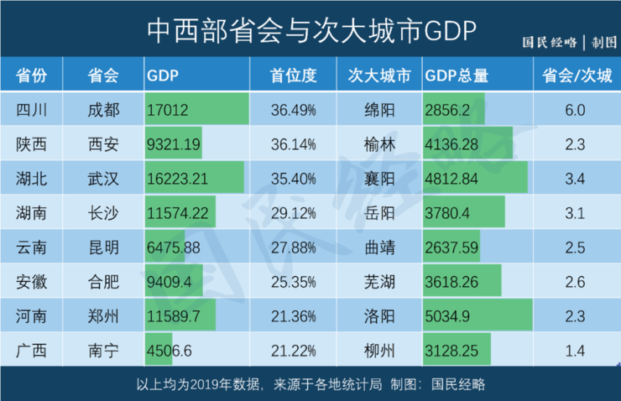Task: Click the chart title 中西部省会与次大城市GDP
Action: [x=310, y=30]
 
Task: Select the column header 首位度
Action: [x=294, y=76]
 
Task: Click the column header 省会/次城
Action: [x=577, y=76]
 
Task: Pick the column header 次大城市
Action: [x=379, y=76]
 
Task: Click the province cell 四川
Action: [x=31, y=110]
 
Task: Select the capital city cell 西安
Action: [x=103, y=144]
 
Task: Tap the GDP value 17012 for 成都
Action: [x=167, y=110]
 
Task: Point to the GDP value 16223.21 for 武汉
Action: [x=178, y=179]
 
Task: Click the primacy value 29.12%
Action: [x=294, y=213]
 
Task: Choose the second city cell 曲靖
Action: [x=379, y=248]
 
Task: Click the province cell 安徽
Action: [x=31, y=283]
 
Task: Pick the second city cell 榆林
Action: [x=379, y=144]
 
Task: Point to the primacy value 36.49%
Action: [x=294, y=110]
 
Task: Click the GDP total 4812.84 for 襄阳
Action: [x=453, y=179]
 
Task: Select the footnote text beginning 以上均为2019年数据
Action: [x=310, y=384]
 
